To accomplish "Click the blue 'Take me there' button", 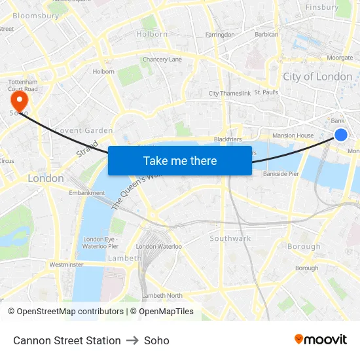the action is (180, 160).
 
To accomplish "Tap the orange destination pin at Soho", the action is (19, 100).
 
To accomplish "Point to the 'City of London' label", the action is (317, 77).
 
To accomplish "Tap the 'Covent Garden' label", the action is (84, 131).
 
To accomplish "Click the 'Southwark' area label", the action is (230, 239).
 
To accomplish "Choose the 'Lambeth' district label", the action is (124, 259).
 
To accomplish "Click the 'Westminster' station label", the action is (67, 265).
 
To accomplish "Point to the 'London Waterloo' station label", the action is (158, 247).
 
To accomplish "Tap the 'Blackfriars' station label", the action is (228, 139).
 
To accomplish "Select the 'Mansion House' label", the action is (293, 135).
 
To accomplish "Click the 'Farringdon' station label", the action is (220, 35).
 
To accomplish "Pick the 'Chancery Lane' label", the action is (162, 60).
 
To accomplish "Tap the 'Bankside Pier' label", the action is (281, 175).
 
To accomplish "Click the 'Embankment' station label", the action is (87, 193).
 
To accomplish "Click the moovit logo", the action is (321, 340).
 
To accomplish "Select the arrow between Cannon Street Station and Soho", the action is (132, 340).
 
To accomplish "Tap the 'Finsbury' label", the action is (322, 8).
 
